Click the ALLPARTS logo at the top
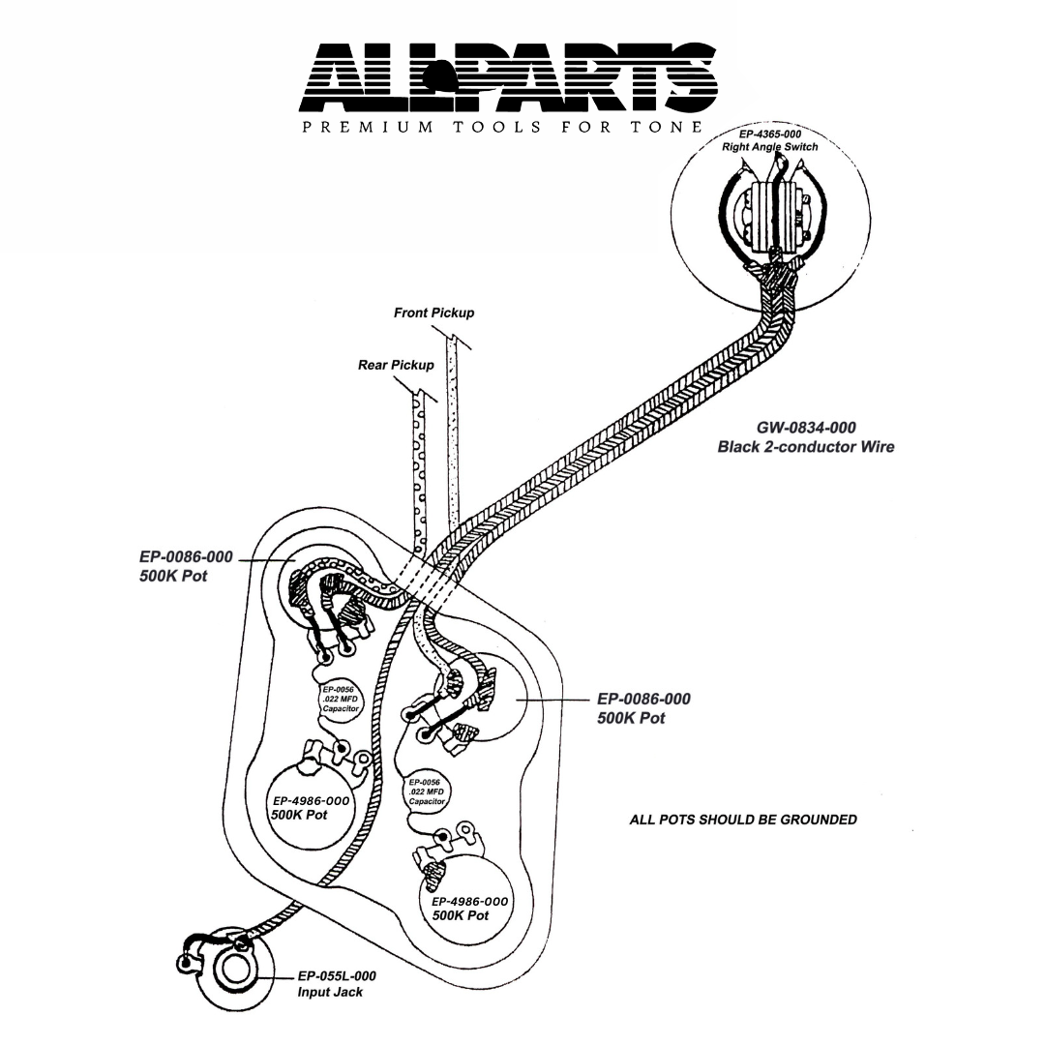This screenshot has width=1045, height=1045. (x=510, y=75)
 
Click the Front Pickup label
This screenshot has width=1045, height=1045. (x=433, y=313)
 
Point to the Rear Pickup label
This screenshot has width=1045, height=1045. (x=396, y=365)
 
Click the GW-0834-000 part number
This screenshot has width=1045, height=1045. (x=805, y=427)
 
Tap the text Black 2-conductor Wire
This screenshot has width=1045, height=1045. (x=805, y=447)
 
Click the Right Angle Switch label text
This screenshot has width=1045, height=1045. (x=769, y=147)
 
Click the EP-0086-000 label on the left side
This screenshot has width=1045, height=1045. (x=184, y=558)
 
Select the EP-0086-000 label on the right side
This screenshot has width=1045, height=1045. (x=643, y=699)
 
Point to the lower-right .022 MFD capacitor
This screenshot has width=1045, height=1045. (x=427, y=791)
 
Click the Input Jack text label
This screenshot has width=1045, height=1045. (x=329, y=993)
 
